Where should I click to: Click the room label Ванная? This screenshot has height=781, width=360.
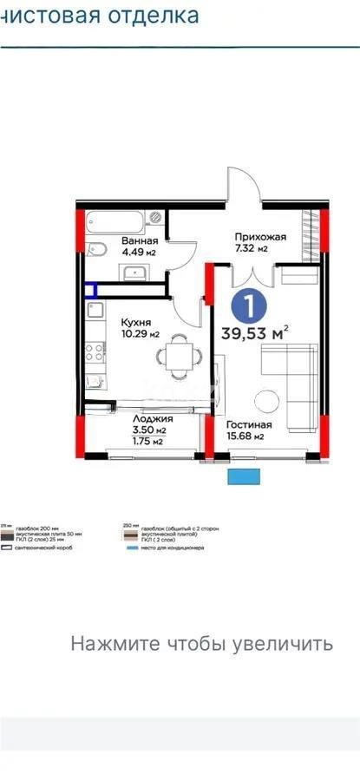coord(139,240)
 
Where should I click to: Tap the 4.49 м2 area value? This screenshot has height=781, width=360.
coord(139,253)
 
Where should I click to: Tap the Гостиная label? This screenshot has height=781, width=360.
coord(249,425)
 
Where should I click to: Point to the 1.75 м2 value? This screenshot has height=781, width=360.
coord(128,441)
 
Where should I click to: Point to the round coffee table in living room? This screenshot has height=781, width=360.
coord(266,400)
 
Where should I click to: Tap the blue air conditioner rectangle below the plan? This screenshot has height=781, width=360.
coord(244,476)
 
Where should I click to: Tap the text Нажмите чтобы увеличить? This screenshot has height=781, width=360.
coord(201,644)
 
